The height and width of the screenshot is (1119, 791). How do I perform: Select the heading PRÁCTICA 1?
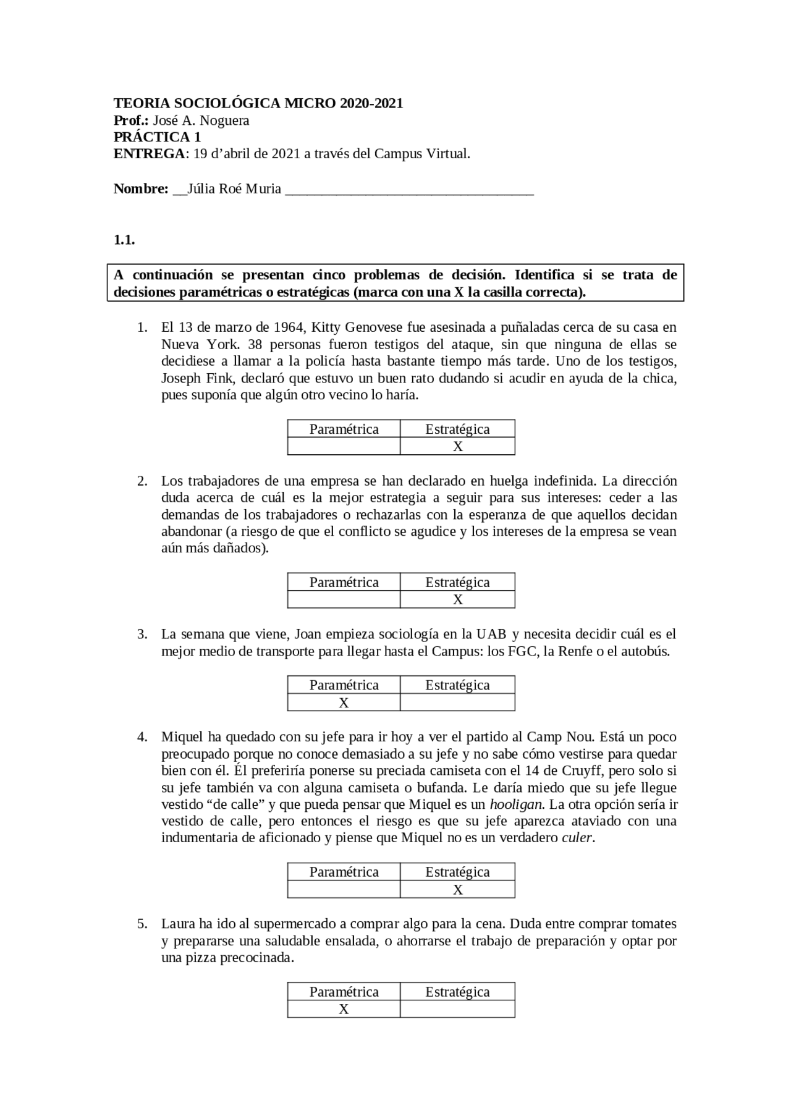coord(157,137)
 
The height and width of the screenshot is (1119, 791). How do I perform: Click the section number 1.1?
coord(124,240)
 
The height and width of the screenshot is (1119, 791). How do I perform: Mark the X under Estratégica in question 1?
coord(457,447)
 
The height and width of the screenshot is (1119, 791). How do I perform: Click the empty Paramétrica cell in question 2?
coord(344,599)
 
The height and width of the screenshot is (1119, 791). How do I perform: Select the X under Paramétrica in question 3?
coord(344,703)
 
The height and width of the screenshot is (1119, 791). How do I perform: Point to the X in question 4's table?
coord(457,890)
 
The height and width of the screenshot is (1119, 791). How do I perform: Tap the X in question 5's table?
coord(344,1009)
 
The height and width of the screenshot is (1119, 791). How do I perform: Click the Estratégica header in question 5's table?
coord(457,992)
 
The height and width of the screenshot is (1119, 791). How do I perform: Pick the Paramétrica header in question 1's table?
coord(344,429)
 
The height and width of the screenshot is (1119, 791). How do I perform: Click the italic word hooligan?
coord(516,804)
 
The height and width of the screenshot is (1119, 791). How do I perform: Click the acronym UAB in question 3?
coord(491,634)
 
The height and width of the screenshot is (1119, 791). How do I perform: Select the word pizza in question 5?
coord(201,958)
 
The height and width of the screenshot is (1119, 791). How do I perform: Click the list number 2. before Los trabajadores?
coord(142,481)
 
